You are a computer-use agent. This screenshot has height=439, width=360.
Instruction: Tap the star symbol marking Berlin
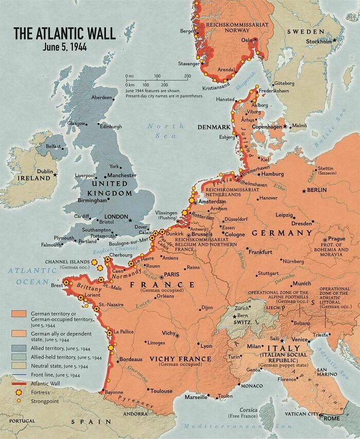point(304,190)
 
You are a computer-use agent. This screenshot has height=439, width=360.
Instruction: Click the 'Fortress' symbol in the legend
point(19,392)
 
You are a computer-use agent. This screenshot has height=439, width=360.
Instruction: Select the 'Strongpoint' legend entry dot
point(19,401)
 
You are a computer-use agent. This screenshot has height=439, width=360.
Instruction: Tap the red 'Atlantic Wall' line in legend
point(19,383)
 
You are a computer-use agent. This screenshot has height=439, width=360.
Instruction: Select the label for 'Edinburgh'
point(111,126)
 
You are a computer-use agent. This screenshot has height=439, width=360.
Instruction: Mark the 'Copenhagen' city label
point(267,127)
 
